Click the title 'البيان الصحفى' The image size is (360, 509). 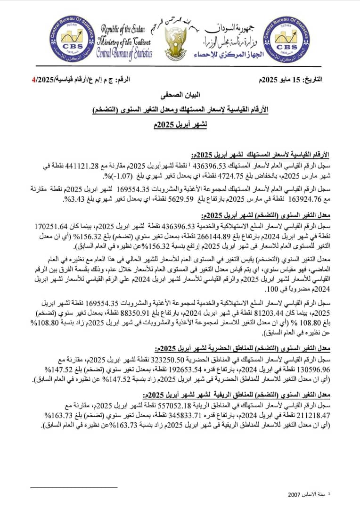pyautogui.click(x=180, y=96)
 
